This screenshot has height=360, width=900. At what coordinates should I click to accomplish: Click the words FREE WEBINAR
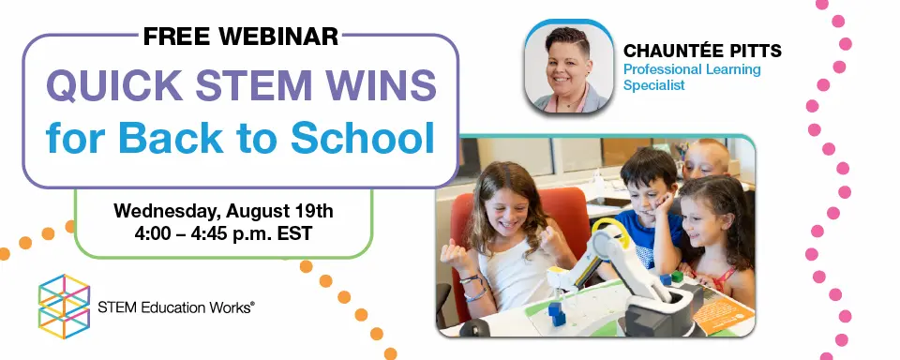241,37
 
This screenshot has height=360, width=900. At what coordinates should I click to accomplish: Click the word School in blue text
362,138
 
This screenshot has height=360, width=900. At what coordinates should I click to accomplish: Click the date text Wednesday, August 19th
223,211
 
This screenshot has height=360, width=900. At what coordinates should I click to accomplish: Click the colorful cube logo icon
64,306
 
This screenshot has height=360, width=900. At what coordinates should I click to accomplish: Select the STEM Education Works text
175,307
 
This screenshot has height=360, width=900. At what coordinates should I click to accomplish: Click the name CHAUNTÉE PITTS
702,52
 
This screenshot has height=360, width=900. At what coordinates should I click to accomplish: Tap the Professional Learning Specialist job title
692,78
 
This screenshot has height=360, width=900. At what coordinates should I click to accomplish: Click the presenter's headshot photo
569,67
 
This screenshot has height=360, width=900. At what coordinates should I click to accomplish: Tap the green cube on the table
677,277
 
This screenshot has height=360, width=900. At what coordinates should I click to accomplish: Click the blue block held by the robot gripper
555,311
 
